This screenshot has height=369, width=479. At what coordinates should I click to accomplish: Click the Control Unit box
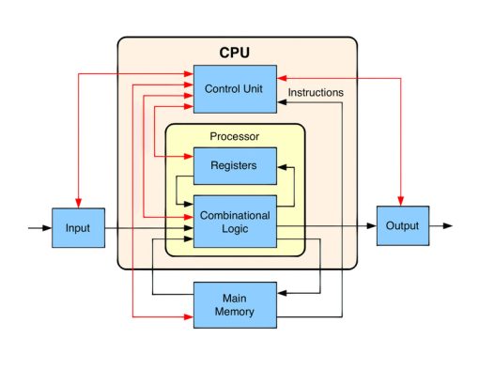pyautogui.click(x=234, y=88)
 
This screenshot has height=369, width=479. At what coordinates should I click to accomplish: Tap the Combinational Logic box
pyautogui.click(x=234, y=221)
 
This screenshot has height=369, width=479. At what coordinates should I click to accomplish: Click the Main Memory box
pyautogui.click(x=234, y=304)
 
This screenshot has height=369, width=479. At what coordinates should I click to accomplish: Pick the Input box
pyautogui.click(x=78, y=227)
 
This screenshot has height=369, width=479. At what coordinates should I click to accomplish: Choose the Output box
pyautogui.click(x=402, y=226)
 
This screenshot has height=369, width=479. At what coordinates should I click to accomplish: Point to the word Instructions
pyautogui.click(x=315, y=93)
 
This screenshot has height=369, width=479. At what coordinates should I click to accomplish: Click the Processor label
pyautogui.click(x=234, y=137)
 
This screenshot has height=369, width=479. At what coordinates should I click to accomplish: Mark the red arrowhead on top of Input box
pyautogui.click(x=78, y=203)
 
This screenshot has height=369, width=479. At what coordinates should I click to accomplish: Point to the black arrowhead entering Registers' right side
pyautogui.click(x=282, y=165)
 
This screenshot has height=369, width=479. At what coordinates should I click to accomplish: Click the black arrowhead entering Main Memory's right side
pyautogui.click(x=282, y=296)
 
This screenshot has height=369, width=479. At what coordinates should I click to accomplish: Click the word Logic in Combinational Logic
pyautogui.click(x=234, y=228)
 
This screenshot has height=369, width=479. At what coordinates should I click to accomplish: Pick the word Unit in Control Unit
pyautogui.click(x=255, y=88)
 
